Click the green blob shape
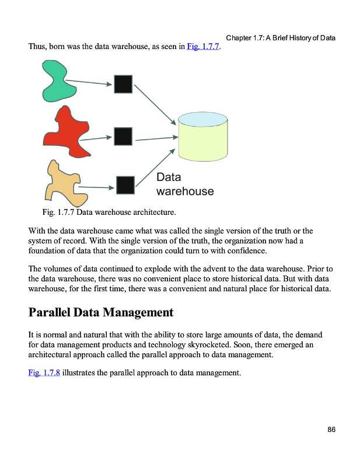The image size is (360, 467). [x=55, y=82]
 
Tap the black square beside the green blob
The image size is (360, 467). [x=123, y=84]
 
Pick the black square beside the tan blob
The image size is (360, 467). [x=125, y=185]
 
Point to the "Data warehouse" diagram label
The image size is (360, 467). [x=184, y=184]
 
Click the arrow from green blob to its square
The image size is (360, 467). [x=89, y=83]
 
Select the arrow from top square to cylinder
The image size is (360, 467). [x=155, y=104]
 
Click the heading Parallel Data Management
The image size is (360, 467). [x=101, y=312]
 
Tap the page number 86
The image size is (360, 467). [x=331, y=430]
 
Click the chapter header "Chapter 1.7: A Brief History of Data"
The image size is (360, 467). [x=281, y=39]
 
